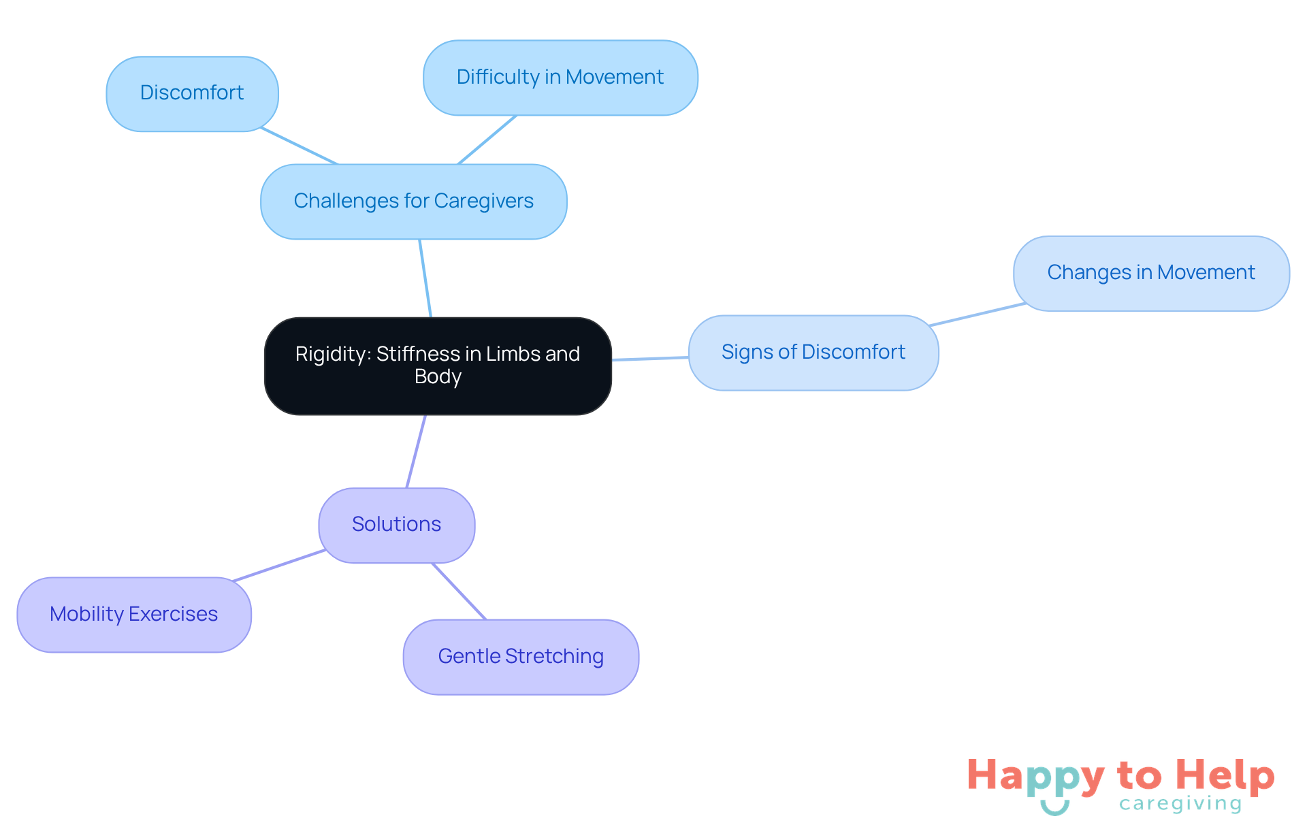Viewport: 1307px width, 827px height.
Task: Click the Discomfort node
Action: [x=192, y=93]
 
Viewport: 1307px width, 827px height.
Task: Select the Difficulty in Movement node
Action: [x=560, y=78]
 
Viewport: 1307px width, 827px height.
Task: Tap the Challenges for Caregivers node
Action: [x=413, y=201]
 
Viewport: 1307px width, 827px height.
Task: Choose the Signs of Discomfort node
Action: [x=813, y=353]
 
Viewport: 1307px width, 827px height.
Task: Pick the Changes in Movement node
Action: [x=1150, y=273]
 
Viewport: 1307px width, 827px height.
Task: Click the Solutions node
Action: [x=396, y=525]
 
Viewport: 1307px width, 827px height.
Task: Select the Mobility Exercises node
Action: [x=133, y=615]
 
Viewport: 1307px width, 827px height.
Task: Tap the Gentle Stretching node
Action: [x=521, y=657]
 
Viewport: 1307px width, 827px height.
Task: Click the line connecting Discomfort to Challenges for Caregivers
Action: [x=300, y=146]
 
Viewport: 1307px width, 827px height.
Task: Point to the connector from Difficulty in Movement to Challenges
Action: [x=487, y=140]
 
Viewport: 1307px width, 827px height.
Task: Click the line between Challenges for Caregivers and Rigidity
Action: [x=425, y=278]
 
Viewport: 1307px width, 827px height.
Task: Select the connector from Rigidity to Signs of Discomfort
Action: [x=650, y=359]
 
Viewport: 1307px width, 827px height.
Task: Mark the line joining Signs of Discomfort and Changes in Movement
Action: [x=978, y=314]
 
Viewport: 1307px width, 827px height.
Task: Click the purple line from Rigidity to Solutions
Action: [x=416, y=451]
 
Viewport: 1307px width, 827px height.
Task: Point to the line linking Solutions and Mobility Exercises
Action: [x=278, y=566]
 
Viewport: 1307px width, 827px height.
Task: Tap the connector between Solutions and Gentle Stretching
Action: [x=459, y=591]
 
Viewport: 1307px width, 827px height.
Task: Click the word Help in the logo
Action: [x=1225, y=776]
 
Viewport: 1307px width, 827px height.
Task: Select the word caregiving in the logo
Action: [x=1180, y=805]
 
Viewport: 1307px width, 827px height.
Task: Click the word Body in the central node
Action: [x=438, y=376]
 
